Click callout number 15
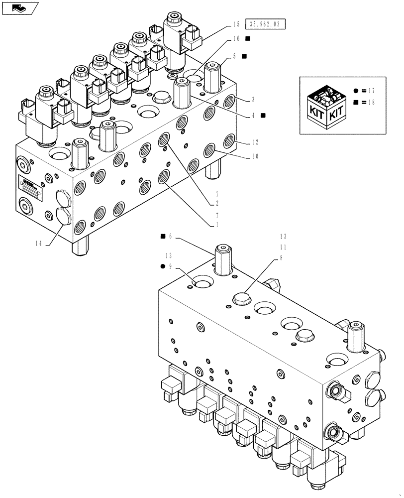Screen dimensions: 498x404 pyautogui.click(x=236, y=24)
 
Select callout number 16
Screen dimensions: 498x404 pyautogui.click(x=236, y=39)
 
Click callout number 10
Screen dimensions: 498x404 pyautogui.click(x=254, y=156)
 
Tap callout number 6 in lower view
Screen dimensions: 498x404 pyautogui.click(x=170, y=236)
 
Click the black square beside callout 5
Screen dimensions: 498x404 pyautogui.click(x=245, y=56)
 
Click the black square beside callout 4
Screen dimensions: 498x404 pyautogui.click(x=263, y=115)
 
